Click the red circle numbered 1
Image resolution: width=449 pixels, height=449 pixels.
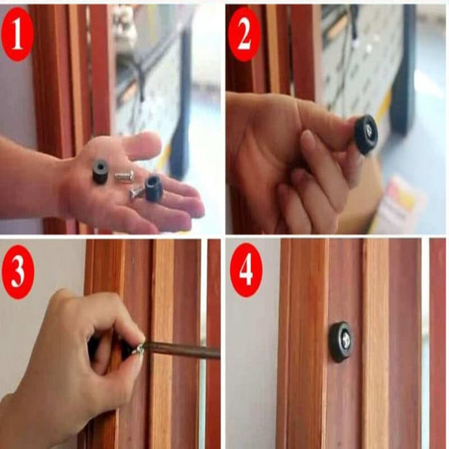(x=18, y=34)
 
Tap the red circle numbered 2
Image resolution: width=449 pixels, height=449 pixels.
(x=244, y=34)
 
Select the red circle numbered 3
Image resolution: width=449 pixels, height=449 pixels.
(x=18, y=272)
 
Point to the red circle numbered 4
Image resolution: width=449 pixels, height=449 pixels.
(x=246, y=269)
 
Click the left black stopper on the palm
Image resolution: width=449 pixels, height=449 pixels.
(x=100, y=172)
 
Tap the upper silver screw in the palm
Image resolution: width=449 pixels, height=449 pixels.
(x=124, y=176)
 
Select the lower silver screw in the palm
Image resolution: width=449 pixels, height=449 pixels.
(x=137, y=192)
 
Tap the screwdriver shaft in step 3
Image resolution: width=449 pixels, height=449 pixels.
(x=182, y=350)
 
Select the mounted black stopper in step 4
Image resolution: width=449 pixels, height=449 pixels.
(x=341, y=341)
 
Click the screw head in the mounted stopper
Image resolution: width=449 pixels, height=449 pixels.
(x=345, y=341)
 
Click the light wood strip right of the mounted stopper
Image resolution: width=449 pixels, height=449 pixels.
(x=375, y=344)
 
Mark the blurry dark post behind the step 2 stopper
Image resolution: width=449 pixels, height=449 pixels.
(x=404, y=70)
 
